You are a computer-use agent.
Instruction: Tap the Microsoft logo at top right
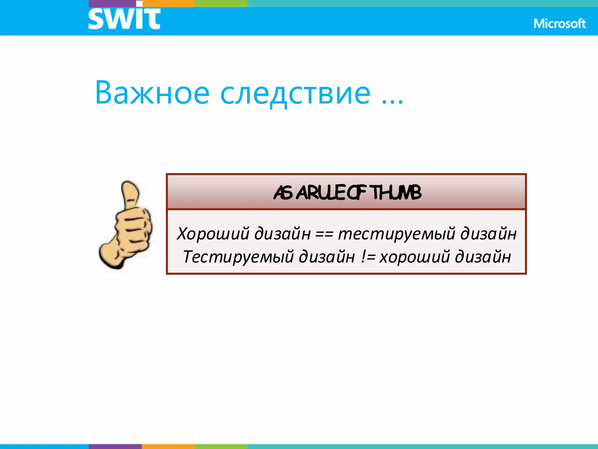click(559, 24)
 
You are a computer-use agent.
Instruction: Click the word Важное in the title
click(152, 93)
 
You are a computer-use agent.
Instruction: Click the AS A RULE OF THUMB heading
click(347, 193)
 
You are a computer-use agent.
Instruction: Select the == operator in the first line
click(324, 234)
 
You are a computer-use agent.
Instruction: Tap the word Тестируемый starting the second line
click(238, 257)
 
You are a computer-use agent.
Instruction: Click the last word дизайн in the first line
click(489, 234)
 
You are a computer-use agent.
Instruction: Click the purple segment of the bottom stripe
click(115, 446)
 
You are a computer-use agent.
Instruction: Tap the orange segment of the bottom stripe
click(168, 446)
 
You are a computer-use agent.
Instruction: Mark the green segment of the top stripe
click(221, 3)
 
